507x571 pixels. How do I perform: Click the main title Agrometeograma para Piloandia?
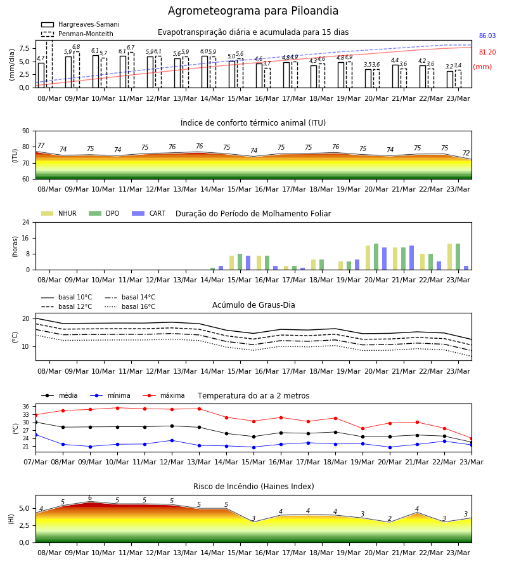coord(253,11)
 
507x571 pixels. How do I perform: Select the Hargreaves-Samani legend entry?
coord(80,24)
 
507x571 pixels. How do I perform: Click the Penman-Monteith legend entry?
coord(77,34)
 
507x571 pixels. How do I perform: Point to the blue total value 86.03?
coord(487,36)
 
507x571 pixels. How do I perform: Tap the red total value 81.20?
coord(487,52)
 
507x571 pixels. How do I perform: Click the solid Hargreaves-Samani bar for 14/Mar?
coord(205,72)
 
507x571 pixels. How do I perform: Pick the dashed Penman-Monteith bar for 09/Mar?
coord(77,70)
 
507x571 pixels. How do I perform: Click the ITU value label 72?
coord(466,153)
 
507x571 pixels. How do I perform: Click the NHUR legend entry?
coord(59,213)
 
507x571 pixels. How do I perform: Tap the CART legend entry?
coord(149,213)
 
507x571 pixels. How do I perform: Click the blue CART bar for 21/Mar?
coord(412,258)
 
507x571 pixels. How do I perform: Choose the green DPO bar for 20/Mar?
coord(376,257)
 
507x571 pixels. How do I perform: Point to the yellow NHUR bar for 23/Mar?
coord(450,257)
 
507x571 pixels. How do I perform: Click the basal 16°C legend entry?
coord(130,306)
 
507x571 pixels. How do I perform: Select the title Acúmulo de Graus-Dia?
coord(253,305)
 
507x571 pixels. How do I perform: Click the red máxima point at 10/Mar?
coord(117,408)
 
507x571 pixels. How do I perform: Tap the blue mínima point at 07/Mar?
coord(35,435)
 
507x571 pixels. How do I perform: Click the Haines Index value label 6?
coord(90,498)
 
